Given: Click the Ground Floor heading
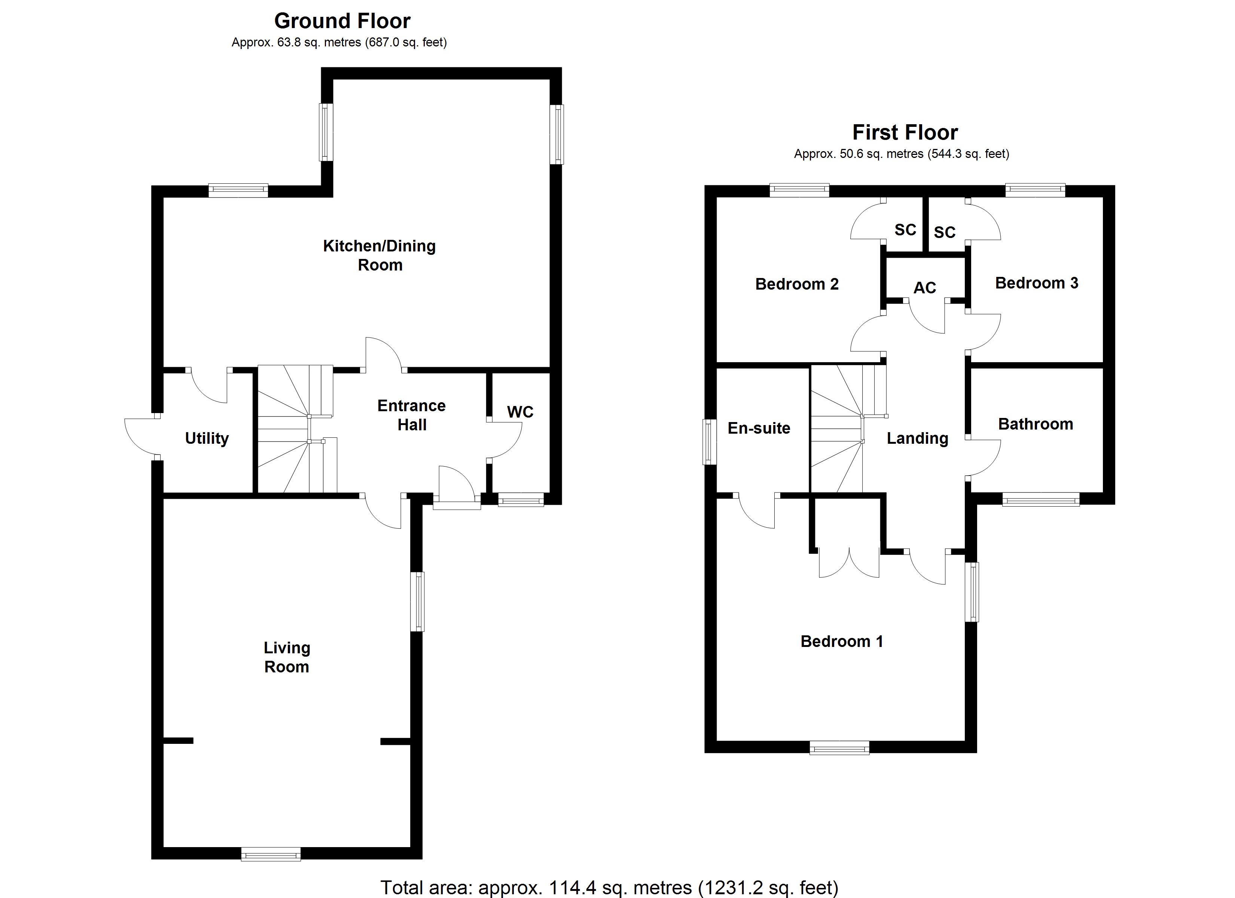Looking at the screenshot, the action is [342, 21].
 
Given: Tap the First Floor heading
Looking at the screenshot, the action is [905, 132].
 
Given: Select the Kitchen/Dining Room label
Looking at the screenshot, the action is [379, 256].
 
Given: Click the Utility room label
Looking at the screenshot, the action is [207, 439].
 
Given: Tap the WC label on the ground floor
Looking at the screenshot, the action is [520, 412].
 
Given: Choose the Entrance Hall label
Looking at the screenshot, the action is [412, 415].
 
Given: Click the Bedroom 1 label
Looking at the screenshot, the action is [841, 641].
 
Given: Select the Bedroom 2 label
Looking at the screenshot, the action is [797, 284].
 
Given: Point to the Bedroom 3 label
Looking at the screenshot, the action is [1036, 283].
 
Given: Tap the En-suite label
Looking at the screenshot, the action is [759, 428].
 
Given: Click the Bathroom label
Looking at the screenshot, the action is [1035, 424].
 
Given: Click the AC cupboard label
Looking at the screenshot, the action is [925, 287].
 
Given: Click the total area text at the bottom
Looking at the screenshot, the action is [609, 888].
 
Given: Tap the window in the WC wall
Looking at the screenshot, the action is [521, 500].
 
